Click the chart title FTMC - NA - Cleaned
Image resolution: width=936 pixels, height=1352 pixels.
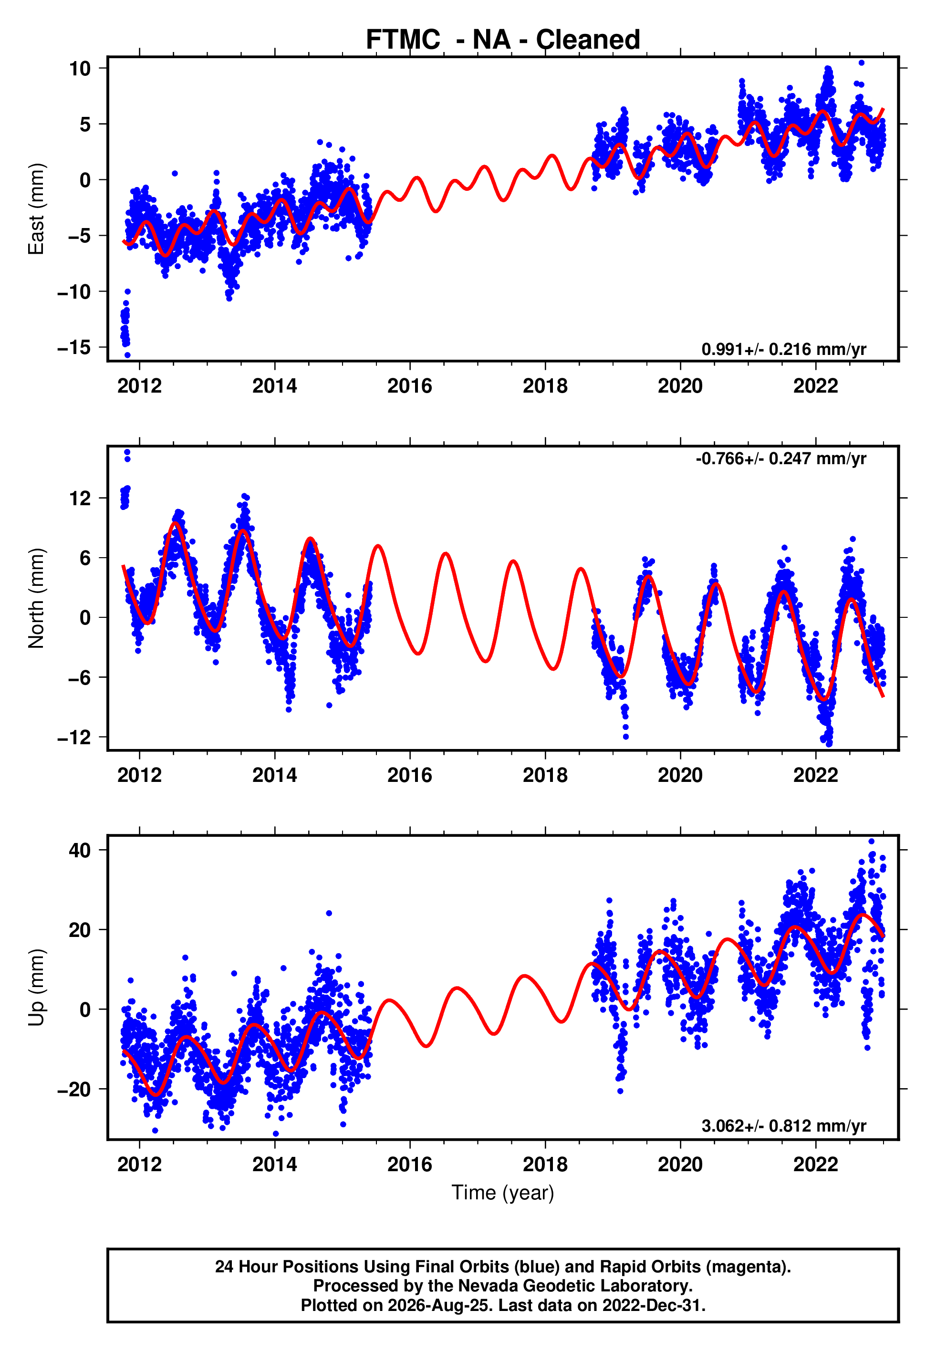point(503,40)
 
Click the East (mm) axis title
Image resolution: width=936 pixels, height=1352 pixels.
point(36,209)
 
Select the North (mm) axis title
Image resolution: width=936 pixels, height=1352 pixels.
point(36,598)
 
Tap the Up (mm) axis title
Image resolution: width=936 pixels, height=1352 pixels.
point(36,988)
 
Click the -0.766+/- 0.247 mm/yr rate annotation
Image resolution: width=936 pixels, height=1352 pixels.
point(780,458)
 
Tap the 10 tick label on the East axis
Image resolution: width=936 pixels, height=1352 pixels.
point(80,68)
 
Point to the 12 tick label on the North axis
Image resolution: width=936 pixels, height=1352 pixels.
point(80,499)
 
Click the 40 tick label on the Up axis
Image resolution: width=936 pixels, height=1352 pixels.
point(80,850)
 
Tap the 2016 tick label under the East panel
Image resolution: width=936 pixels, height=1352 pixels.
point(410,386)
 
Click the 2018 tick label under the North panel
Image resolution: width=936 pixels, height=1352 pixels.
point(545,775)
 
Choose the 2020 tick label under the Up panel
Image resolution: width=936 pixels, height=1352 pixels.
point(680,1165)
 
